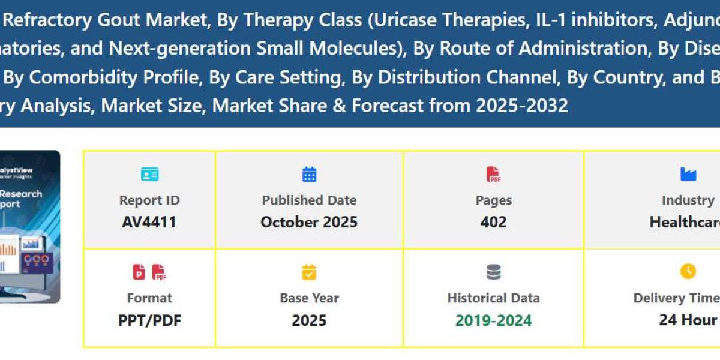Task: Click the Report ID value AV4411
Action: (149, 222)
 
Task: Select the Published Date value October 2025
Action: (309, 222)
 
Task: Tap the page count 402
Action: (493, 222)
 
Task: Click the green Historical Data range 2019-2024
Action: (493, 320)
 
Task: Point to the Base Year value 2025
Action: (309, 320)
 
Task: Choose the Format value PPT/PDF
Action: (149, 320)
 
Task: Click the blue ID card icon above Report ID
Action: (149, 175)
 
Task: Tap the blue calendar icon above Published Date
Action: (309, 175)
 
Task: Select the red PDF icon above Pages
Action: (493, 175)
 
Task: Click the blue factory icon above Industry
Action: (688, 175)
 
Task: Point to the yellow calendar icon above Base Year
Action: (309, 272)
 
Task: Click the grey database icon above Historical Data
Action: (493, 272)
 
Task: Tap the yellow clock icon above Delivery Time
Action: (688, 272)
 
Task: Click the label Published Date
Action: (309, 200)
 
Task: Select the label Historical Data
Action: (493, 298)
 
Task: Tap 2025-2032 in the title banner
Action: (522, 106)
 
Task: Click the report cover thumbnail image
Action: (30, 227)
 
